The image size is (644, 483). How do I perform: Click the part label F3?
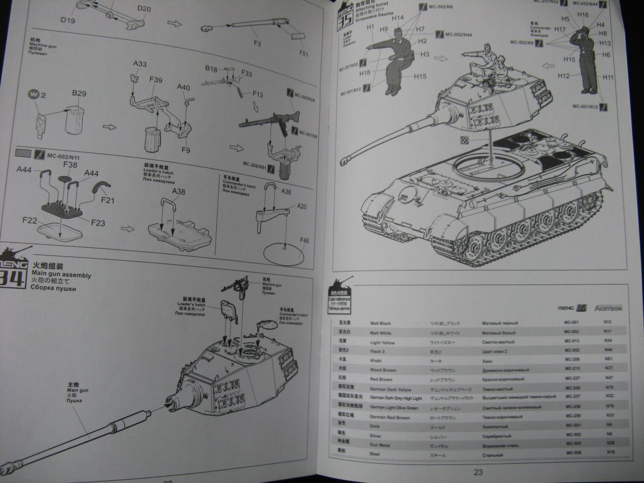click(x=257, y=43)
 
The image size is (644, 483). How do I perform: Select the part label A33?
click(x=140, y=64)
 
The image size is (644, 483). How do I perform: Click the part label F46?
click(x=304, y=240)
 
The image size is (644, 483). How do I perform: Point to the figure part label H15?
click(x=420, y=77)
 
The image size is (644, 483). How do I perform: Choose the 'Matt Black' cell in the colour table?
click(x=380, y=324)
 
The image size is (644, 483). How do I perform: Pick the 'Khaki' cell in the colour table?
click(x=376, y=361)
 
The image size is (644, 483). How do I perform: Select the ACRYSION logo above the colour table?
click(x=608, y=308)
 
